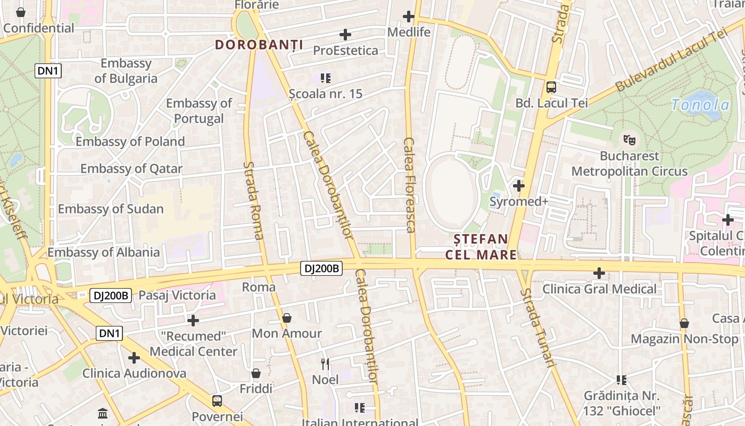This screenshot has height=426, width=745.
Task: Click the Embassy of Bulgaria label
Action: click(x=126, y=71)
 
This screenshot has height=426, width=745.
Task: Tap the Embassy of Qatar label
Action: click(x=131, y=169)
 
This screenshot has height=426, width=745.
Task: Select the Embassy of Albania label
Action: click(x=104, y=252)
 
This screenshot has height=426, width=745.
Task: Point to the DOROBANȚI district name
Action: click(x=259, y=45)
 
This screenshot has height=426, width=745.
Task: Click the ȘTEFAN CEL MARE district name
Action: click(x=481, y=247)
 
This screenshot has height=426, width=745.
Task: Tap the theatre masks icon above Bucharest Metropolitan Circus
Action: click(x=630, y=140)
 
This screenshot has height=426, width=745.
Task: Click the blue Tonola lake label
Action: click(x=700, y=105)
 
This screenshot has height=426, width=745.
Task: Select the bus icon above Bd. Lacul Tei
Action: click(x=551, y=87)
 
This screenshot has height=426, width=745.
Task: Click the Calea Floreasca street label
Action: click(x=409, y=185)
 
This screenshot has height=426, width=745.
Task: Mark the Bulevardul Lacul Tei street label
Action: click(x=671, y=61)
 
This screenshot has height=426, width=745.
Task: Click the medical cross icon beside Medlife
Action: click(x=409, y=17)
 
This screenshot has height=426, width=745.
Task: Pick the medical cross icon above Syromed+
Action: click(x=519, y=186)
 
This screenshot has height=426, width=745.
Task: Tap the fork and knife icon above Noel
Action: click(x=325, y=364)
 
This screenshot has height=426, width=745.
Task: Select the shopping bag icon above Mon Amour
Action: click(x=287, y=318)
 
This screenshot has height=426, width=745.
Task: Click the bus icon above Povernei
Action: click(x=217, y=401)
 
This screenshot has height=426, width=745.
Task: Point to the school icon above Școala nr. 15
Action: click(x=326, y=78)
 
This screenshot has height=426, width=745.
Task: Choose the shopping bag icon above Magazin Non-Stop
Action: click(x=684, y=323)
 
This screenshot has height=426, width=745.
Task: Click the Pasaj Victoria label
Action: click(x=177, y=295)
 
